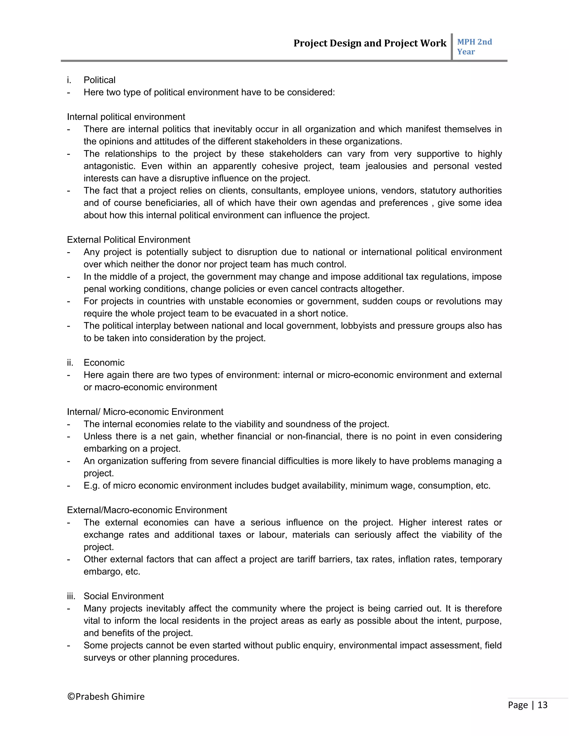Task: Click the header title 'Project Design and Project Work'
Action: coord(370,43)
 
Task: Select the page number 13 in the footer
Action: coord(542,705)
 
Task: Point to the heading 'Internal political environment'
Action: coord(126,117)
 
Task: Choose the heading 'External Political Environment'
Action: coord(128,240)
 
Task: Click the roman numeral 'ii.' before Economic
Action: coord(70,363)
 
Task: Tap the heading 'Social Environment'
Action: coord(123,596)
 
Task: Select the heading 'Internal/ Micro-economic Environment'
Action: coord(145,412)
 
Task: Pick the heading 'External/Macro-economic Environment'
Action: coord(147,510)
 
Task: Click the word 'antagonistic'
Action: coord(109,166)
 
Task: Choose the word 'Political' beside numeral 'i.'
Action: coord(99,80)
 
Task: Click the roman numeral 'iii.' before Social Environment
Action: coord(71,596)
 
